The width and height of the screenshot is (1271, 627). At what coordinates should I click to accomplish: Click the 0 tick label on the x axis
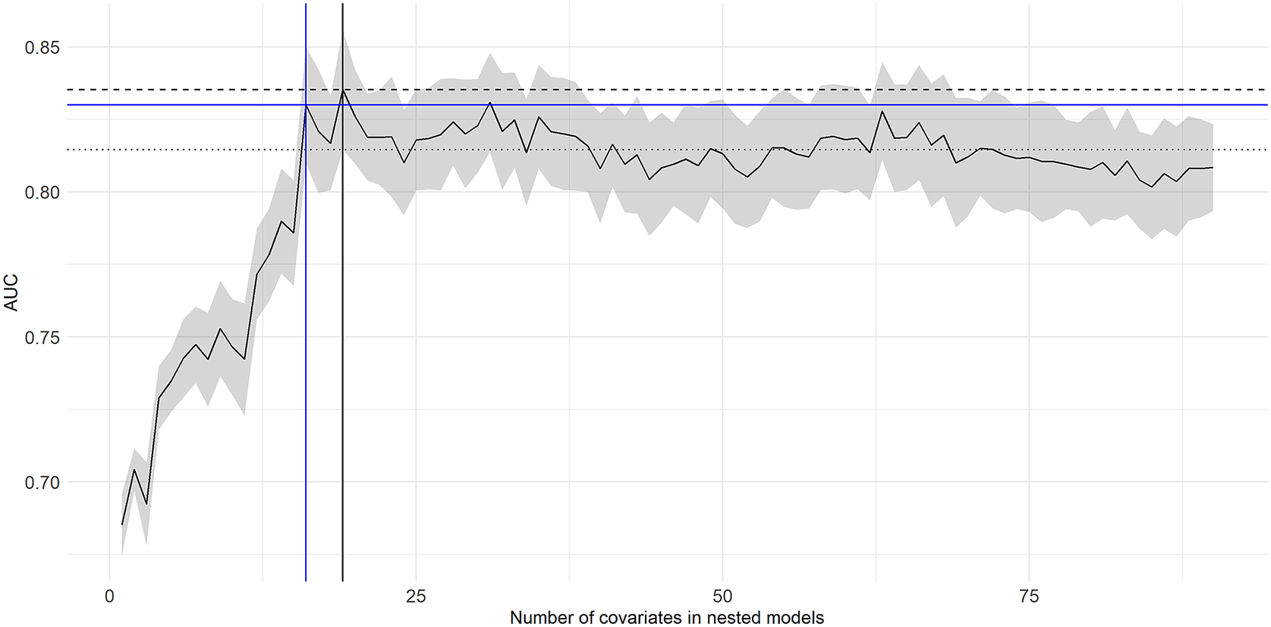pyautogui.click(x=109, y=596)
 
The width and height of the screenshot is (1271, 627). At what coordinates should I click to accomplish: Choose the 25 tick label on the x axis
pyautogui.click(x=416, y=596)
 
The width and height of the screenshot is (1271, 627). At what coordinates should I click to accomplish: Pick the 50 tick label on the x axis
pyautogui.click(x=722, y=596)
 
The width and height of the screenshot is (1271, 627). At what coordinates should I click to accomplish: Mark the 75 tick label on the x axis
pyautogui.click(x=1029, y=596)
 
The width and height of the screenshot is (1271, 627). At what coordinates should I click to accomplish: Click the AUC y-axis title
pyautogui.click(x=11, y=292)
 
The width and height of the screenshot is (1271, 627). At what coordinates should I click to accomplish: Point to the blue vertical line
pyautogui.click(x=306, y=380)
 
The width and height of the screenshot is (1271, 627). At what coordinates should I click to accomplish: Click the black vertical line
pyautogui.click(x=343, y=380)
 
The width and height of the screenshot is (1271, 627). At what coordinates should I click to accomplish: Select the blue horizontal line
pyautogui.click(x=759, y=104)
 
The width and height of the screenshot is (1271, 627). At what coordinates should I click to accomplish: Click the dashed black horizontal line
pyautogui.click(x=759, y=90)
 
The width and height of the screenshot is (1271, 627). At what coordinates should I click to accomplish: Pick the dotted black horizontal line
pyautogui.click(x=759, y=150)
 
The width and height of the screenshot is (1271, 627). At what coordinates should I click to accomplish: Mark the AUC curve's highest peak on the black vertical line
pyautogui.click(x=343, y=90)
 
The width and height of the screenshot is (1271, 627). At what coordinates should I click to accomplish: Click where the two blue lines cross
pyautogui.click(x=306, y=104)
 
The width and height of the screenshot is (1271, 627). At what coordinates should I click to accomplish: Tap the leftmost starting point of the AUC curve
pyautogui.click(x=122, y=524)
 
